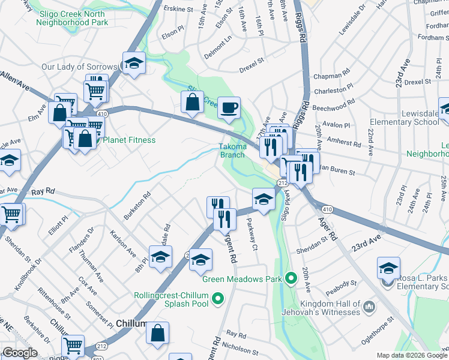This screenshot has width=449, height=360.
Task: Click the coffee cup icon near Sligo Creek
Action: [x=229, y=108]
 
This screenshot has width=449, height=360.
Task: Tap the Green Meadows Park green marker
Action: [x=292, y=278]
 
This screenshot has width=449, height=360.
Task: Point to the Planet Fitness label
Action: [x=129, y=140]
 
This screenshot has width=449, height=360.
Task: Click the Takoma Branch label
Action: [x=232, y=150]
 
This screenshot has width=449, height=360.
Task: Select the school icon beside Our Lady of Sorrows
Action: [x=134, y=63]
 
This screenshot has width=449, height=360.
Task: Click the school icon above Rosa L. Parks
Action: [x=388, y=268]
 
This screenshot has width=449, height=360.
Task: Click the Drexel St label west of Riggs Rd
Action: [x=252, y=61]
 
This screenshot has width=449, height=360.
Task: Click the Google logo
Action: [x=20, y=353]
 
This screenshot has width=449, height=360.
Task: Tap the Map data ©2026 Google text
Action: [x=411, y=355]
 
